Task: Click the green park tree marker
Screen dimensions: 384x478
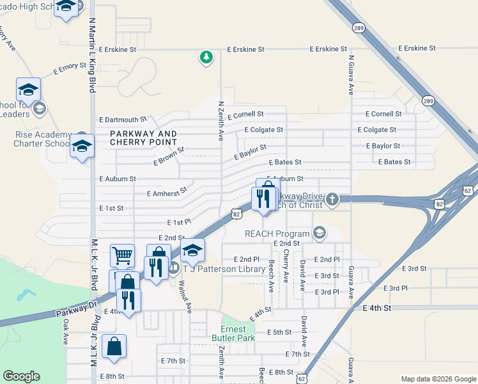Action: point(206,58)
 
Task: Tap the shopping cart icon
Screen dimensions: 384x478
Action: point(123,255)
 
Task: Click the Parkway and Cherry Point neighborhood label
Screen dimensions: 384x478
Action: point(143,138)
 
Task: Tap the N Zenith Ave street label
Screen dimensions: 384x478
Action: point(221,120)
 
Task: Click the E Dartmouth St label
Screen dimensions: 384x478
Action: point(123,119)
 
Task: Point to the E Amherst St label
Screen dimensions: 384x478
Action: point(167,191)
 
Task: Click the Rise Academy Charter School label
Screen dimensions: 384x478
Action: point(43,139)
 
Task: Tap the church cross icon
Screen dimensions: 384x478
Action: point(332,200)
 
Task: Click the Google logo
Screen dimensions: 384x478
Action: point(21,376)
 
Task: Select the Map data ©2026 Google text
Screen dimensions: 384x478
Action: point(438,378)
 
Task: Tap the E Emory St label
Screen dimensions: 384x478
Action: point(61,66)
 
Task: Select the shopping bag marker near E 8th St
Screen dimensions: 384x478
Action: point(114,346)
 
